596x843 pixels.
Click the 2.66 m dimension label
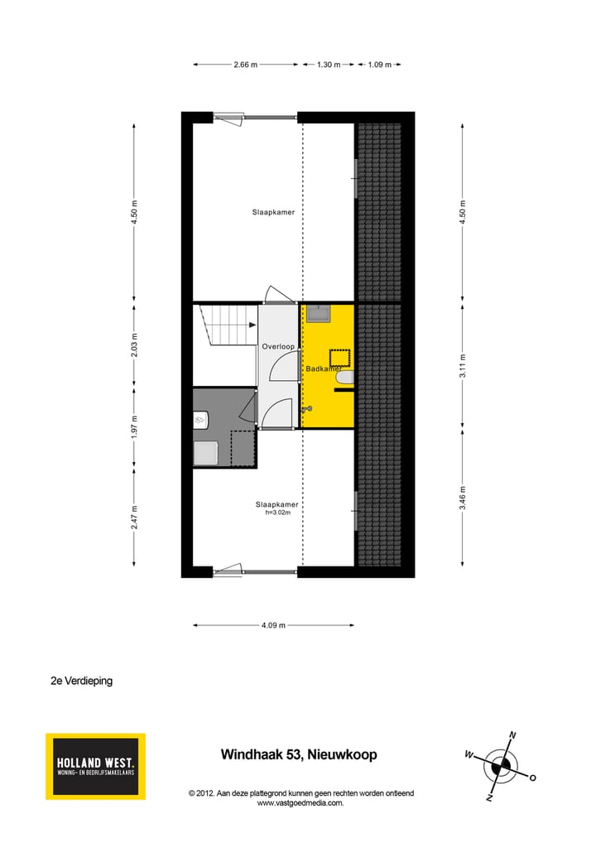246,64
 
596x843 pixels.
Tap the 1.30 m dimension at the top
329,64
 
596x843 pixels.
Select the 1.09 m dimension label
380,64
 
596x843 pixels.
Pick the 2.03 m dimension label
135,344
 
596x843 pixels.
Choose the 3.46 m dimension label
464,497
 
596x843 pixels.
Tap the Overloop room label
278,347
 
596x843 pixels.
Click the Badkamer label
324,369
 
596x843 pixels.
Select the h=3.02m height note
277,513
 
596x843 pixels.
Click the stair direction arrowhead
252,325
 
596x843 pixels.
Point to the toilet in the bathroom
344,378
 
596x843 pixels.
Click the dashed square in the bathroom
339,358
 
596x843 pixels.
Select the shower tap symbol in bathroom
308,408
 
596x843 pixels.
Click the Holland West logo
95,766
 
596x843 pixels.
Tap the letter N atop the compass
512,735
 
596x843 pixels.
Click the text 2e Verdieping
81,682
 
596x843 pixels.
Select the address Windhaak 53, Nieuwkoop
298,754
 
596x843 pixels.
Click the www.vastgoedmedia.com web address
300,802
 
